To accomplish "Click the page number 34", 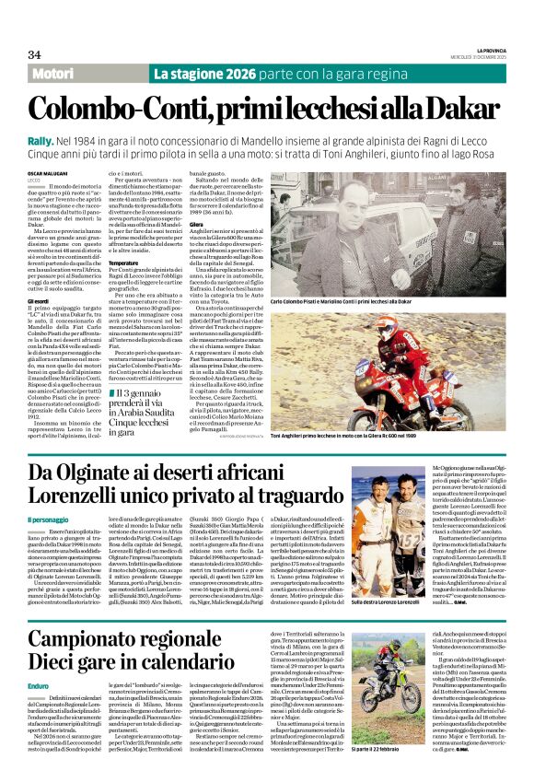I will [34, 54].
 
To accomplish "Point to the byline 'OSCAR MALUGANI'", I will [46, 171].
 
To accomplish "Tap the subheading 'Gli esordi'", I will [39, 301].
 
